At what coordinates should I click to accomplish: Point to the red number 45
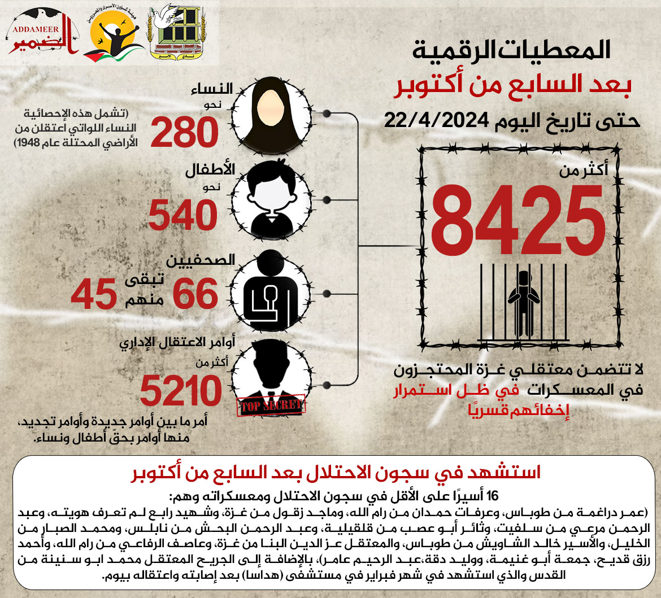(94, 294)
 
